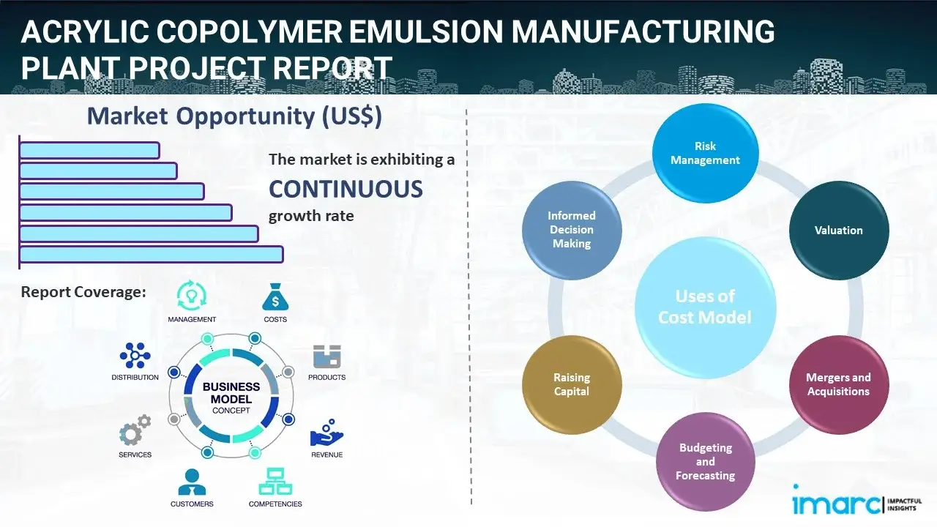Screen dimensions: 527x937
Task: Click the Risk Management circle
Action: (705, 154)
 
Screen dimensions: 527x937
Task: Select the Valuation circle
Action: (839, 231)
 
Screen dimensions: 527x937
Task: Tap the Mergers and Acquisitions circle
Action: (839, 384)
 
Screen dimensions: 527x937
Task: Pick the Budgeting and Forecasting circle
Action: (705, 461)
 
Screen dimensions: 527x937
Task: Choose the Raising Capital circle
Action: (572, 384)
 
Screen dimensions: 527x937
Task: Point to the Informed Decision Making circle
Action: (572, 230)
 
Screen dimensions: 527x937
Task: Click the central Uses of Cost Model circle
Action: (705, 307)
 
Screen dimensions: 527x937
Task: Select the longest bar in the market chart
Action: (151, 254)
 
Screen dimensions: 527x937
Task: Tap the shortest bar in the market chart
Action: (89, 150)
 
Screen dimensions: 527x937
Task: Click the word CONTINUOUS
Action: (346, 190)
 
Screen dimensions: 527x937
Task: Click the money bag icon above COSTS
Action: (275, 297)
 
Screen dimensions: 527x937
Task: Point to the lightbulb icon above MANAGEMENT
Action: (192, 296)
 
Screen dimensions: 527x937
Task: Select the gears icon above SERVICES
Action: (135, 431)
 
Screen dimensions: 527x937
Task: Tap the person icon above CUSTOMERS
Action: (192, 482)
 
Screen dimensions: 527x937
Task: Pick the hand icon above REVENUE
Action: (326, 433)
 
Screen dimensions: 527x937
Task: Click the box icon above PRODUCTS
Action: (326, 356)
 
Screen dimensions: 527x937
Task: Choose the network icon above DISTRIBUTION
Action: (135, 356)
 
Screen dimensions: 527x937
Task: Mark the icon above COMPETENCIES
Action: (275, 482)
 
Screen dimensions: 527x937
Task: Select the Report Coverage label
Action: (83, 292)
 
